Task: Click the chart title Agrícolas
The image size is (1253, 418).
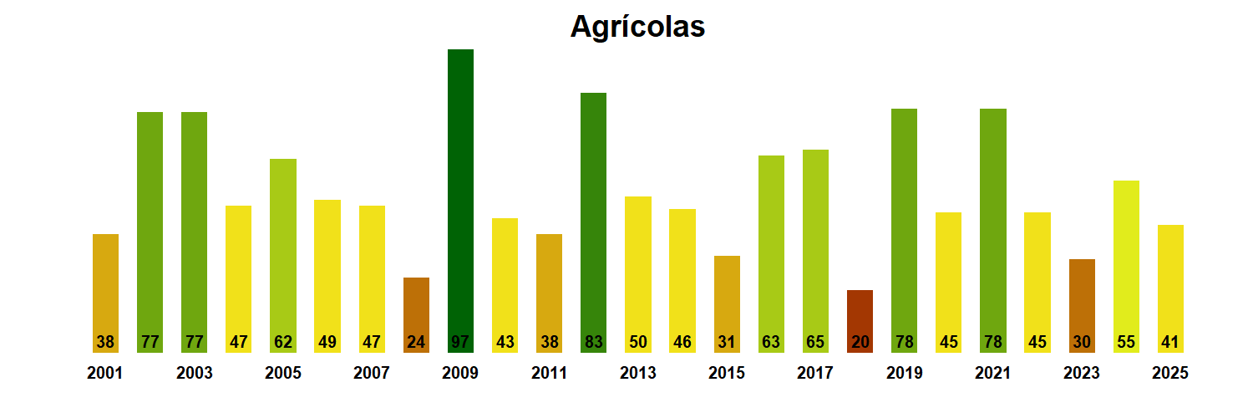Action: pyautogui.click(x=637, y=27)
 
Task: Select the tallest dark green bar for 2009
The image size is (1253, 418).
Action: pyautogui.click(x=460, y=201)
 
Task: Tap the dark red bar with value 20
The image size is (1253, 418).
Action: pyautogui.click(x=860, y=321)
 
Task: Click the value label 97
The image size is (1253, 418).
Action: pyautogui.click(x=460, y=342)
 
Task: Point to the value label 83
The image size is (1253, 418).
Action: pyautogui.click(x=593, y=342)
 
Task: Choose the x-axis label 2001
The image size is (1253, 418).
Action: pyautogui.click(x=105, y=374)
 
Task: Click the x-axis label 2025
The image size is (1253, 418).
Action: pyautogui.click(x=1169, y=374)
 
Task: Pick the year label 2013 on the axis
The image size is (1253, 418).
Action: pyautogui.click(x=637, y=374)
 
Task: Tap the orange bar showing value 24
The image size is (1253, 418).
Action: pyautogui.click(x=416, y=314)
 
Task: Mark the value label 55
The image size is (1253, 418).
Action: pyautogui.click(x=1126, y=342)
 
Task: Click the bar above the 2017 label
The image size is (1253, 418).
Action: pyautogui.click(x=815, y=251)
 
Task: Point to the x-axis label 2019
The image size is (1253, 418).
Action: pyautogui.click(x=904, y=374)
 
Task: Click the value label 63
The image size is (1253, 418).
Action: pyautogui.click(x=771, y=342)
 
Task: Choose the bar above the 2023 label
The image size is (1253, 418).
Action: pyautogui.click(x=1082, y=305)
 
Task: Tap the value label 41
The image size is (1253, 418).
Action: pyautogui.click(x=1170, y=342)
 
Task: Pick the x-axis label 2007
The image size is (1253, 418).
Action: pyautogui.click(x=372, y=374)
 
